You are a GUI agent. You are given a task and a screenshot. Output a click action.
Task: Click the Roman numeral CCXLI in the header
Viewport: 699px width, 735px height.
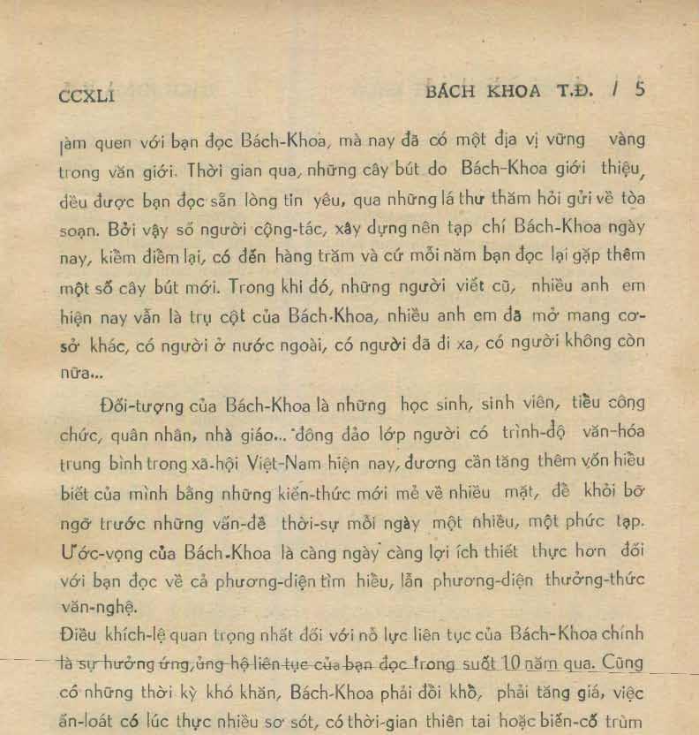click(x=86, y=95)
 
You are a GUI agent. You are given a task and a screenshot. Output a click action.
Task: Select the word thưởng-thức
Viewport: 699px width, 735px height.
click(x=597, y=580)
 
